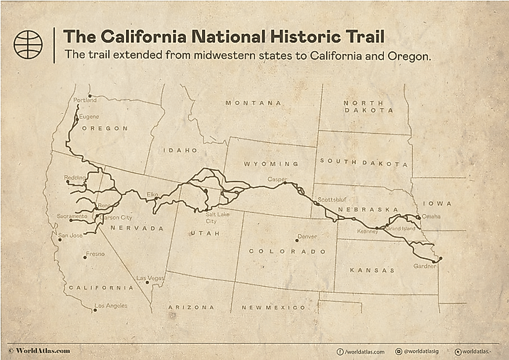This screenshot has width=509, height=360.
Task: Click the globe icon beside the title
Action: coord(28,45)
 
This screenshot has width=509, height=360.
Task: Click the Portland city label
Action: coord(85,100)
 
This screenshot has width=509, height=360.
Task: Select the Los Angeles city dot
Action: coord(95,310)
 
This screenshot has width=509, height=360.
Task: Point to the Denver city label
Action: coord(308,236)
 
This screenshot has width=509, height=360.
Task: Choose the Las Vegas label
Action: coord(151,277)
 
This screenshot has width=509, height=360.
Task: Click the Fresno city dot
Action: coord(85,258)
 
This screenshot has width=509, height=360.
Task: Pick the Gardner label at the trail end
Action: coord(424,266)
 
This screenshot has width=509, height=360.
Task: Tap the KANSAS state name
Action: coord(373,270)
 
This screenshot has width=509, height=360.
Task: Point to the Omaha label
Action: coord(431,216)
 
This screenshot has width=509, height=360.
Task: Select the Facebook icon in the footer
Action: coord(340,351)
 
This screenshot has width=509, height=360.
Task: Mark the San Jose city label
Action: coord(70,235)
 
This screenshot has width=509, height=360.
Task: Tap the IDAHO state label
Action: coord(179,151)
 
